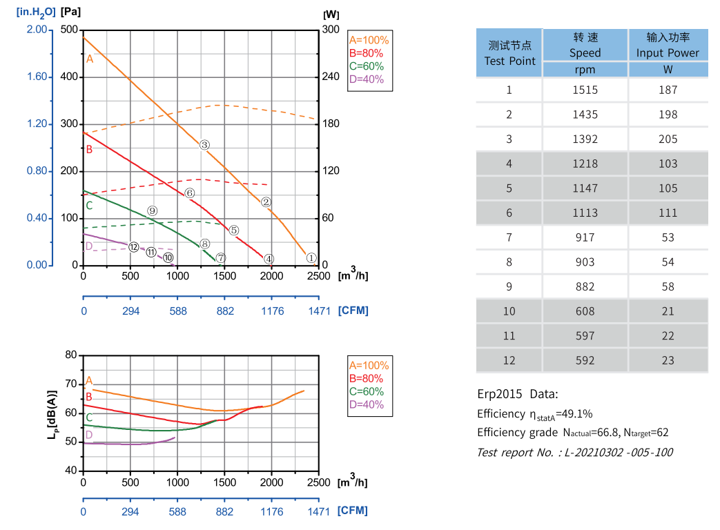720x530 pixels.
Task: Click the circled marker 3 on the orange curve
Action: pos(204,145)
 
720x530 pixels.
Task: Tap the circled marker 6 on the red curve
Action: pos(190,193)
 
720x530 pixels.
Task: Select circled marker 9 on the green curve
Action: pos(153,211)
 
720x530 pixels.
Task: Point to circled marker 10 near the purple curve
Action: pos(168,257)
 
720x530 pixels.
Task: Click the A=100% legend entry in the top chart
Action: pos(369,40)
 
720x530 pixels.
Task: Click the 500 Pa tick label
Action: pos(70,30)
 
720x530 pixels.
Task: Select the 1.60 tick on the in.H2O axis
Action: pos(37,77)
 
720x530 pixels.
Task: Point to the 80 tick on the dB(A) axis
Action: pos(70,355)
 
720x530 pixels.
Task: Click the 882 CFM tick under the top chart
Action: pos(225,311)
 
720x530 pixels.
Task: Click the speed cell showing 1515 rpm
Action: pos(585,90)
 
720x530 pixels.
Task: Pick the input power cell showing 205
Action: pos(668,139)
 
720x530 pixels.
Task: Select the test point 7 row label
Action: pos(509,237)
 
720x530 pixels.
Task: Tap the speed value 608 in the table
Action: pos(585,311)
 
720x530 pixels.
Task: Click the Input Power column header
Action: pos(668,46)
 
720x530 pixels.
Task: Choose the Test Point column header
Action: pos(509,53)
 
